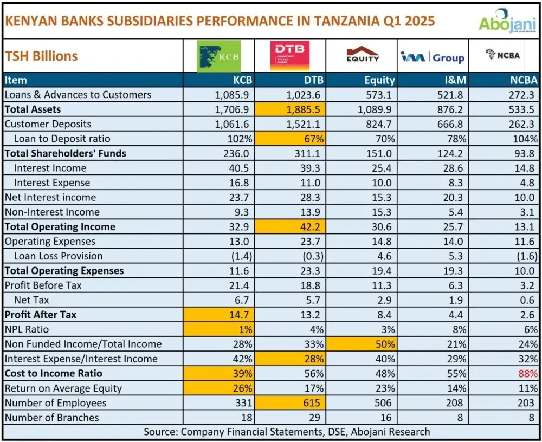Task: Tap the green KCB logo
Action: (x=218, y=56)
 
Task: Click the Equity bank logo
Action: (x=363, y=55)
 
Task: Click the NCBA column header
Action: (x=523, y=80)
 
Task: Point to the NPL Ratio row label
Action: (x=27, y=329)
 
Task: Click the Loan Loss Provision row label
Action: (x=58, y=256)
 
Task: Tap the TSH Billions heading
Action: (x=41, y=56)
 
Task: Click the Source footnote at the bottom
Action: (x=287, y=432)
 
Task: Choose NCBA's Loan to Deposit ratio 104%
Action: (x=525, y=139)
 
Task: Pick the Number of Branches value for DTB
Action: (x=317, y=418)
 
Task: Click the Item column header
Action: (x=16, y=80)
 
